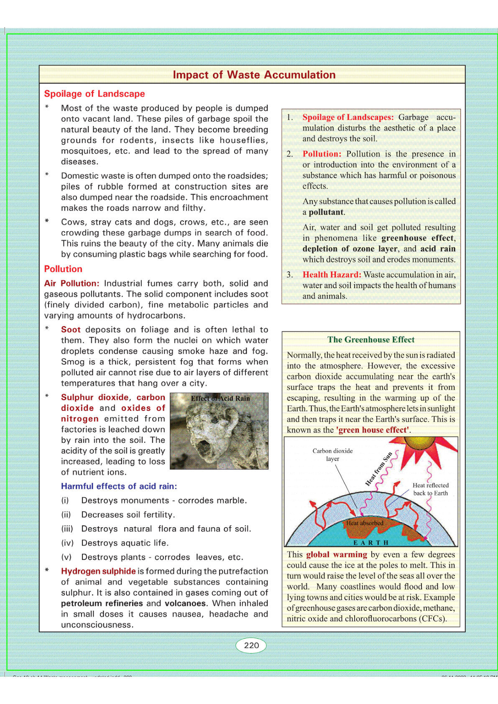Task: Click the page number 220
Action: click(x=251, y=645)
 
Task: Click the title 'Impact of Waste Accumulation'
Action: click(x=254, y=75)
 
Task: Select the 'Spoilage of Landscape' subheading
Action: click(x=94, y=94)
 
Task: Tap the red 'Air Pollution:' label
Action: click(x=72, y=283)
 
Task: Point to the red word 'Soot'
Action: click(x=71, y=330)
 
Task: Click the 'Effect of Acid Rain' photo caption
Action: click(x=220, y=398)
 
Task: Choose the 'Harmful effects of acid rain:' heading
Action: click(x=119, y=486)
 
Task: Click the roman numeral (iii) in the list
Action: click(x=67, y=529)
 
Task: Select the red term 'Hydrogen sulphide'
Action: click(x=98, y=571)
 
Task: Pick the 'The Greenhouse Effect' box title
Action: click(x=371, y=339)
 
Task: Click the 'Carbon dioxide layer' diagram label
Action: click(x=332, y=455)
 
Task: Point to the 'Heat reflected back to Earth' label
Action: click(x=430, y=489)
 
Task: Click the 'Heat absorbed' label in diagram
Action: click(x=365, y=523)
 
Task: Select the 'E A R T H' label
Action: click(x=371, y=543)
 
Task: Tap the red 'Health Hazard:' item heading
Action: click(x=332, y=275)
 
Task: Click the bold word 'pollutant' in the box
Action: click(x=326, y=212)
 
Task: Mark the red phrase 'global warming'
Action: click(x=337, y=554)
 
